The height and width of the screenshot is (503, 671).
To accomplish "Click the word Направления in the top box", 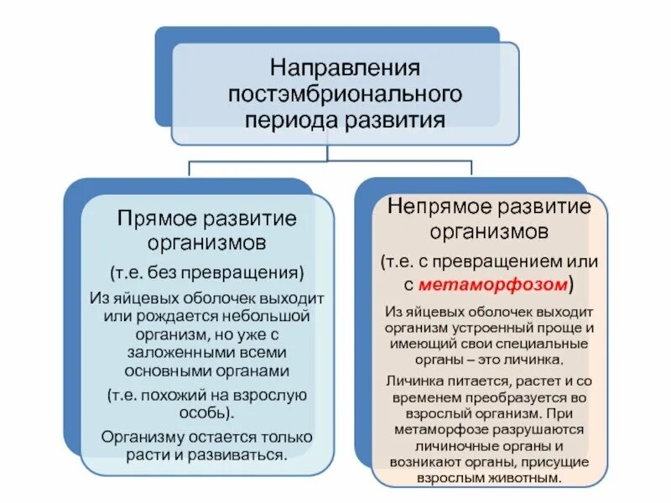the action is pos(344,66).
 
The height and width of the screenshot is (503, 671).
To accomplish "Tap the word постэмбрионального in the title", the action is pos(344,91).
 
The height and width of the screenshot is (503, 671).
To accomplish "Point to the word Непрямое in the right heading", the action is pos(437,207).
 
